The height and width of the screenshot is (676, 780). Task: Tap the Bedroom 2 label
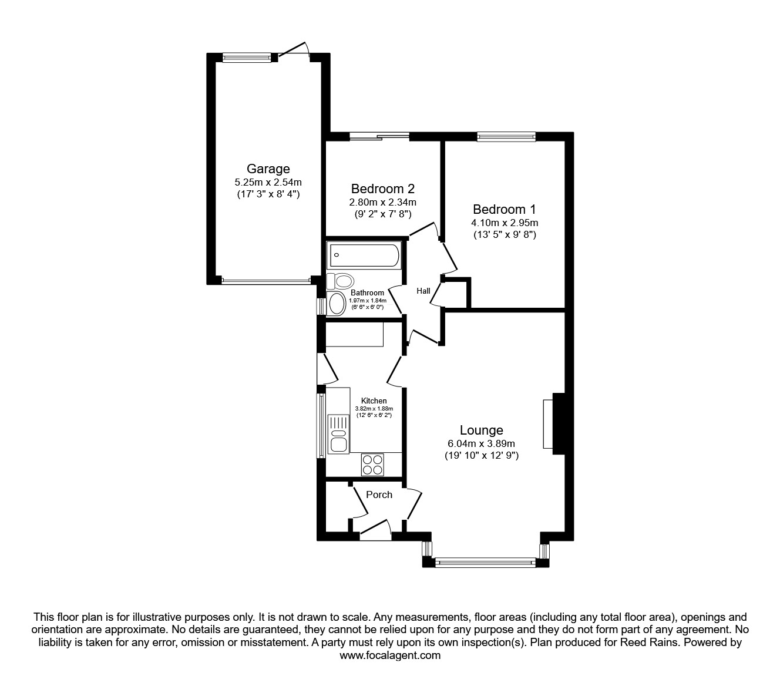(382, 189)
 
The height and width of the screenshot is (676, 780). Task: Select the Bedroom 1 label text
(505, 209)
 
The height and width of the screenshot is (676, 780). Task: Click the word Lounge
(481, 431)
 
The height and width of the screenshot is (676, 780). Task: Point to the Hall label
(423, 291)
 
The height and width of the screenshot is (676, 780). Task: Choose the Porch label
(379, 495)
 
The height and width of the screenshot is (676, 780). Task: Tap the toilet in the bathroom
(340, 281)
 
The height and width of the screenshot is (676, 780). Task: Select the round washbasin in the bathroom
(337, 304)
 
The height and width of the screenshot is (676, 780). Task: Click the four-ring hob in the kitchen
(372, 464)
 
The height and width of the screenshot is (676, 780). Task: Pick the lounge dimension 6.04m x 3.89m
(481, 443)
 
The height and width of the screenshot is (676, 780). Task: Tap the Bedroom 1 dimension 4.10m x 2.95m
(505, 223)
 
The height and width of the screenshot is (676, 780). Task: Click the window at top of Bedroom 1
(506, 137)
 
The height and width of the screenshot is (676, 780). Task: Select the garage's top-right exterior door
(294, 52)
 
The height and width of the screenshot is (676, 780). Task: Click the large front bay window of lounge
(485, 563)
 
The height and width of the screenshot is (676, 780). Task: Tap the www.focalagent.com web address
(390, 655)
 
